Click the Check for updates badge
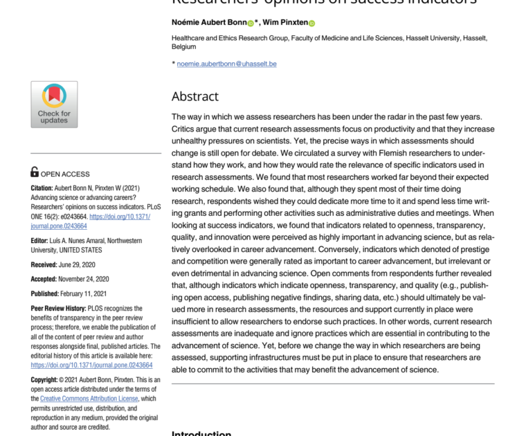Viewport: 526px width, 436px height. pos(54,104)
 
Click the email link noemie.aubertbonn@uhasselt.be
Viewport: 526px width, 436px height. pos(226,64)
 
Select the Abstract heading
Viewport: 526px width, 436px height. pos(195,96)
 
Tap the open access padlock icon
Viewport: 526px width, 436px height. pos(35,172)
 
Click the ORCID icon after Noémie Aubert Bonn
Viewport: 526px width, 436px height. pos(251,23)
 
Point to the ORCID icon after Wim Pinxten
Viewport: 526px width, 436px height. pos(311,23)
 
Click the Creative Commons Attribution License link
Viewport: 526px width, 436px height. pos(89,399)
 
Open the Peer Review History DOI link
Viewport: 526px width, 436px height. pos(91,365)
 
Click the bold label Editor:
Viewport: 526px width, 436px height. pos(40,241)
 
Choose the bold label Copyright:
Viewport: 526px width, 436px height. pos(46,380)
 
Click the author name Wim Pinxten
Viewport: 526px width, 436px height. pos(285,23)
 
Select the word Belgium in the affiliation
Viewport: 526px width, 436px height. pos(184,47)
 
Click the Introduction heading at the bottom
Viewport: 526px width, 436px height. pos(201,433)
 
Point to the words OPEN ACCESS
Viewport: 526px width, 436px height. pos(65,174)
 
